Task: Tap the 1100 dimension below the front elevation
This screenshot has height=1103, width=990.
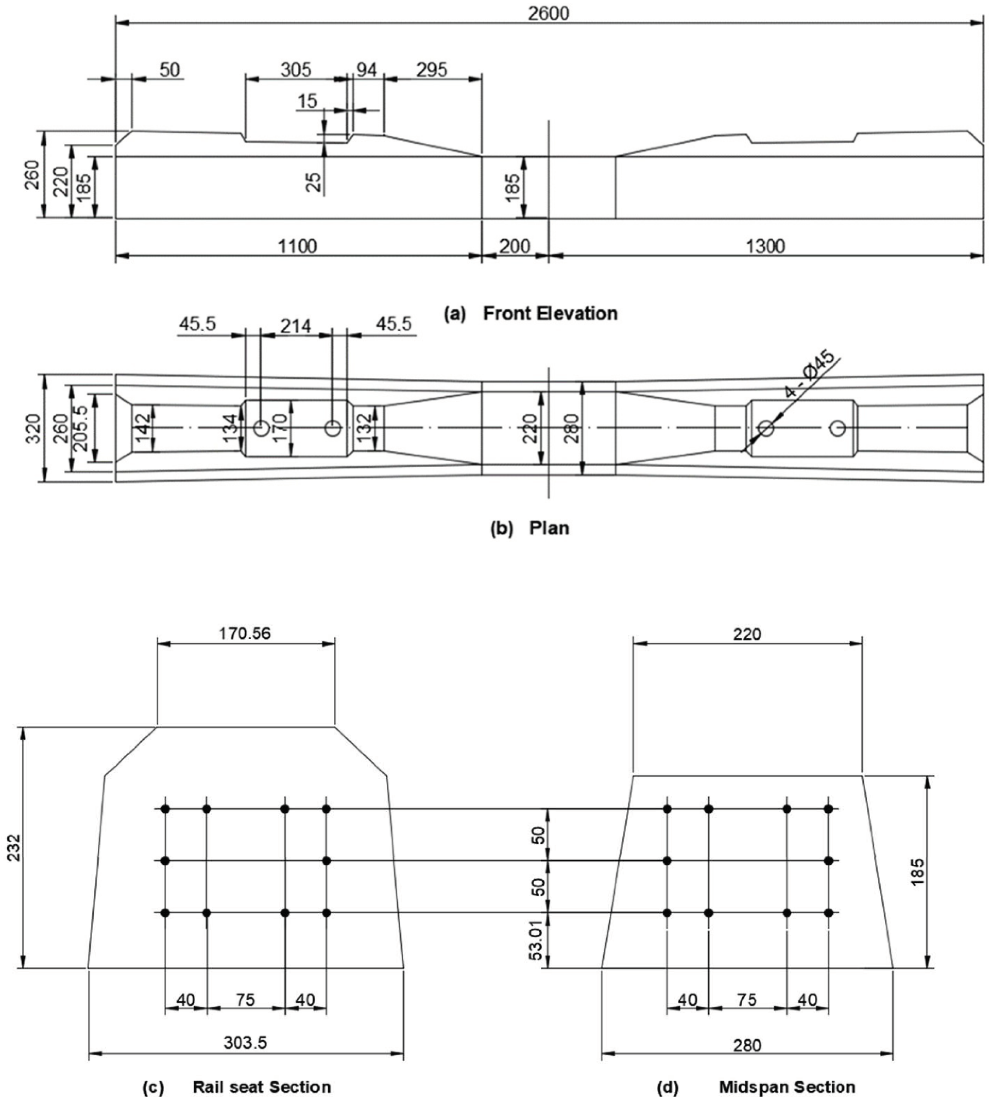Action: coord(297,246)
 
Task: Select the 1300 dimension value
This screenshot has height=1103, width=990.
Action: coord(765,246)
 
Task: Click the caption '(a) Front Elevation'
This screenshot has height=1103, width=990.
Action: coord(531,314)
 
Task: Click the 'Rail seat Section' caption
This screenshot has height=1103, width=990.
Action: coord(262,1087)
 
